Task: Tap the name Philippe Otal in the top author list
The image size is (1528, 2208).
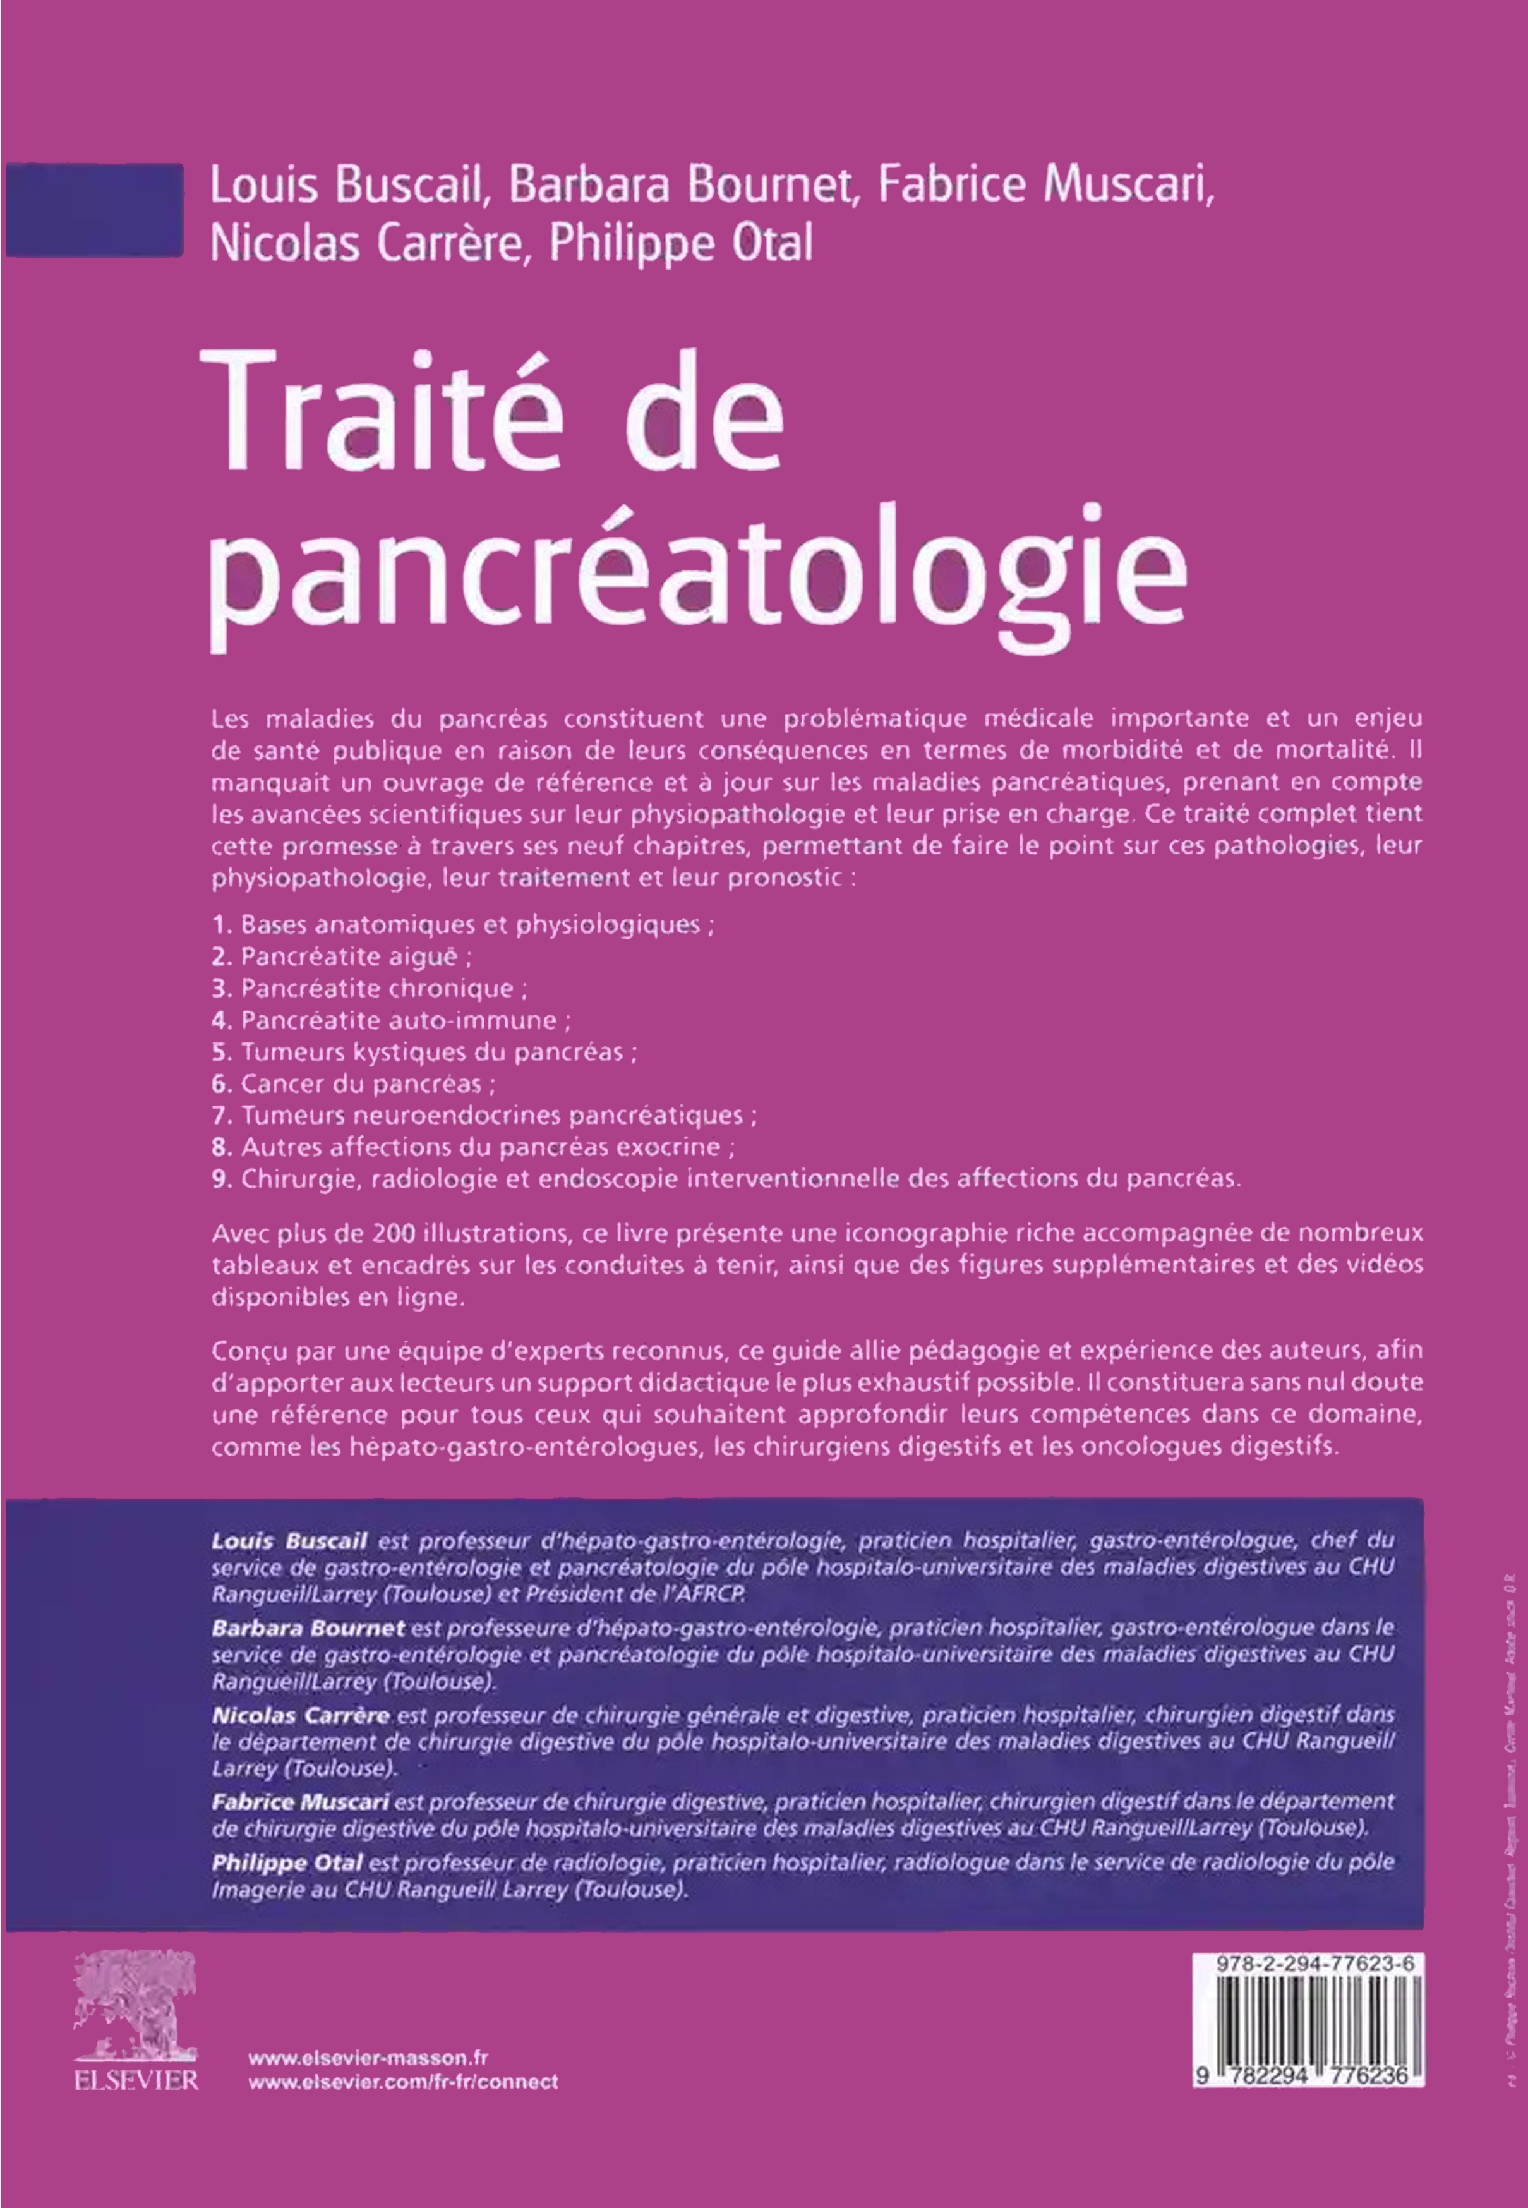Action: pos(681,244)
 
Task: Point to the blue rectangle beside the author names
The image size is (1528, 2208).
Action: pos(94,210)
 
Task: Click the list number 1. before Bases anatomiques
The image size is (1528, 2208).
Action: pos(222,925)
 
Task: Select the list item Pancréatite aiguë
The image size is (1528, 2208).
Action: pos(356,956)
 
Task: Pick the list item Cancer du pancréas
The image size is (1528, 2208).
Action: pos(368,1084)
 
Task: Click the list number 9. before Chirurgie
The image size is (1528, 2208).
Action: pos(222,1179)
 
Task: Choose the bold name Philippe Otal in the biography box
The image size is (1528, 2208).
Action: pos(286,1862)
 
